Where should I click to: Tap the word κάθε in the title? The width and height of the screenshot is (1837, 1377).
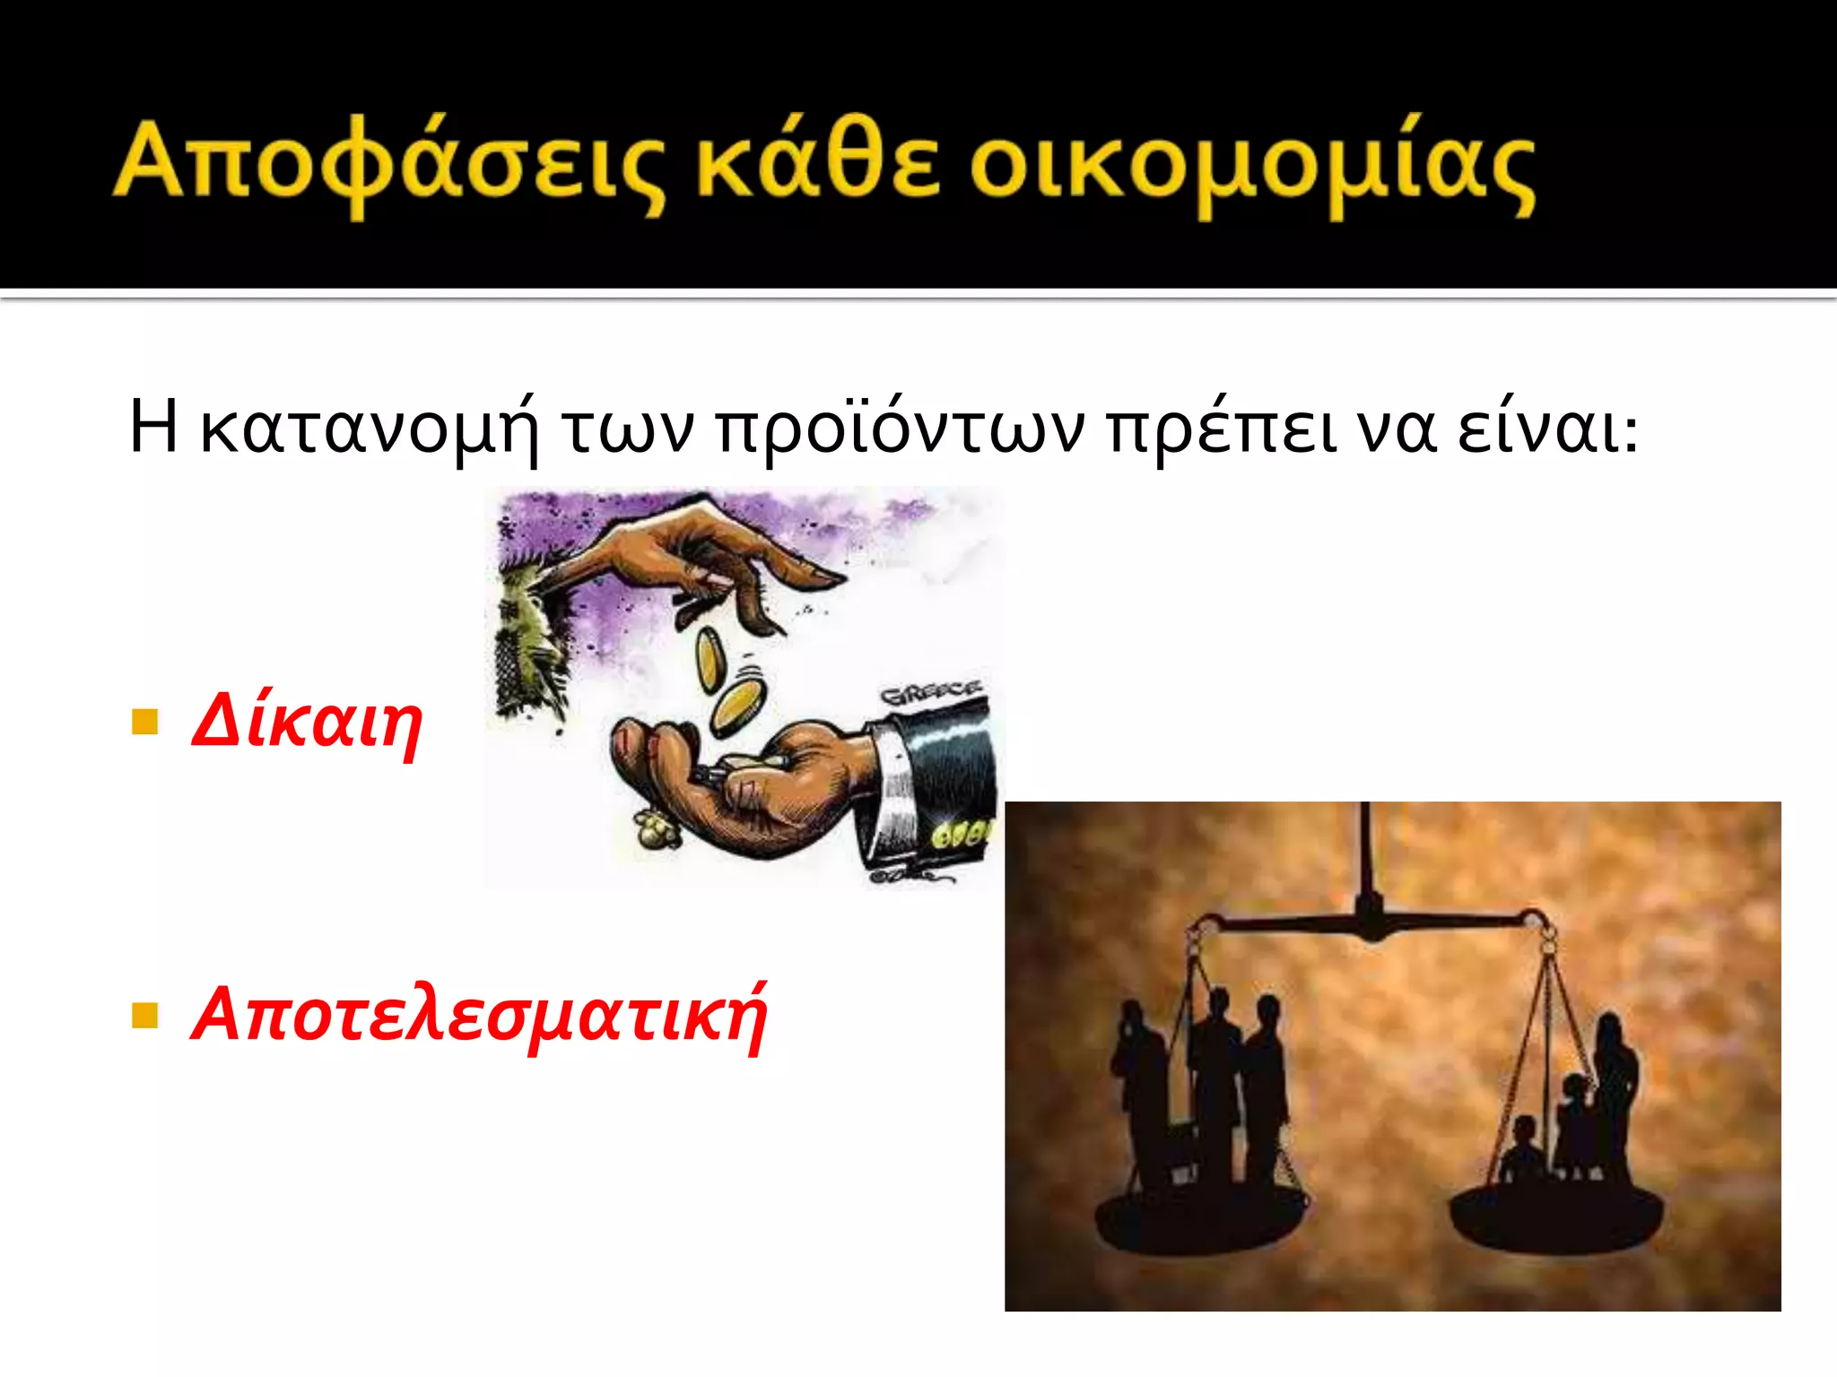coord(818,161)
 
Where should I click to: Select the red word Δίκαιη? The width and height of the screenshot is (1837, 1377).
coord(307,723)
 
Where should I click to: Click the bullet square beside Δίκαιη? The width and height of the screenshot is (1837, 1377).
coord(144,723)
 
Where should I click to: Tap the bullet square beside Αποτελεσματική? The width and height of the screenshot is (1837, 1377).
coord(144,1016)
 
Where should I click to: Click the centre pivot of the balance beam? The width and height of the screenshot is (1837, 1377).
coord(1370,919)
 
